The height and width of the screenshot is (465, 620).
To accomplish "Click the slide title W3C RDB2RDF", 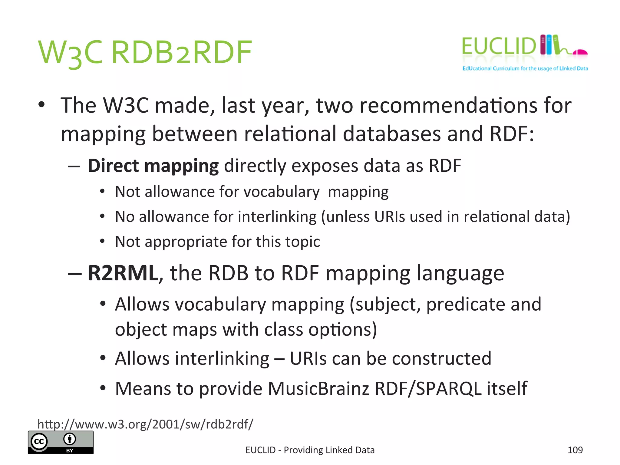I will click(145, 53).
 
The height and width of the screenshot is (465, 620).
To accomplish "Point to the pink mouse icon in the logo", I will click(580, 52).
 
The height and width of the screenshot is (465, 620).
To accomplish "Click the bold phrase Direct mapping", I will click(153, 166).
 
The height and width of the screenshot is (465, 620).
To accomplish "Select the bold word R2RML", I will click(123, 273).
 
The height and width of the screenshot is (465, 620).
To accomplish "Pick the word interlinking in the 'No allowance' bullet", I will click(277, 217).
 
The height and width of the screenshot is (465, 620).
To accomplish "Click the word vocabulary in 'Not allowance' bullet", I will click(281, 192).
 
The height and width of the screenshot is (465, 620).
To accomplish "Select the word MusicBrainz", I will click(318, 388).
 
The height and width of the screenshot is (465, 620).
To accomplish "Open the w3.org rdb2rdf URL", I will click(145, 424).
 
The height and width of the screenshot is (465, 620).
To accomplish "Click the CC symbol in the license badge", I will click(39, 442).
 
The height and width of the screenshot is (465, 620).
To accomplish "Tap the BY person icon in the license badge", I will click(70, 439).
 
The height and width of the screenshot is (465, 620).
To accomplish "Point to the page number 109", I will click(575, 450).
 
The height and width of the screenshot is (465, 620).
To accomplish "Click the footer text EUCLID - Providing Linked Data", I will click(310, 450).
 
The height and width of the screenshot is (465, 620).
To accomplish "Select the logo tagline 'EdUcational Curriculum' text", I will click(525, 68).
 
